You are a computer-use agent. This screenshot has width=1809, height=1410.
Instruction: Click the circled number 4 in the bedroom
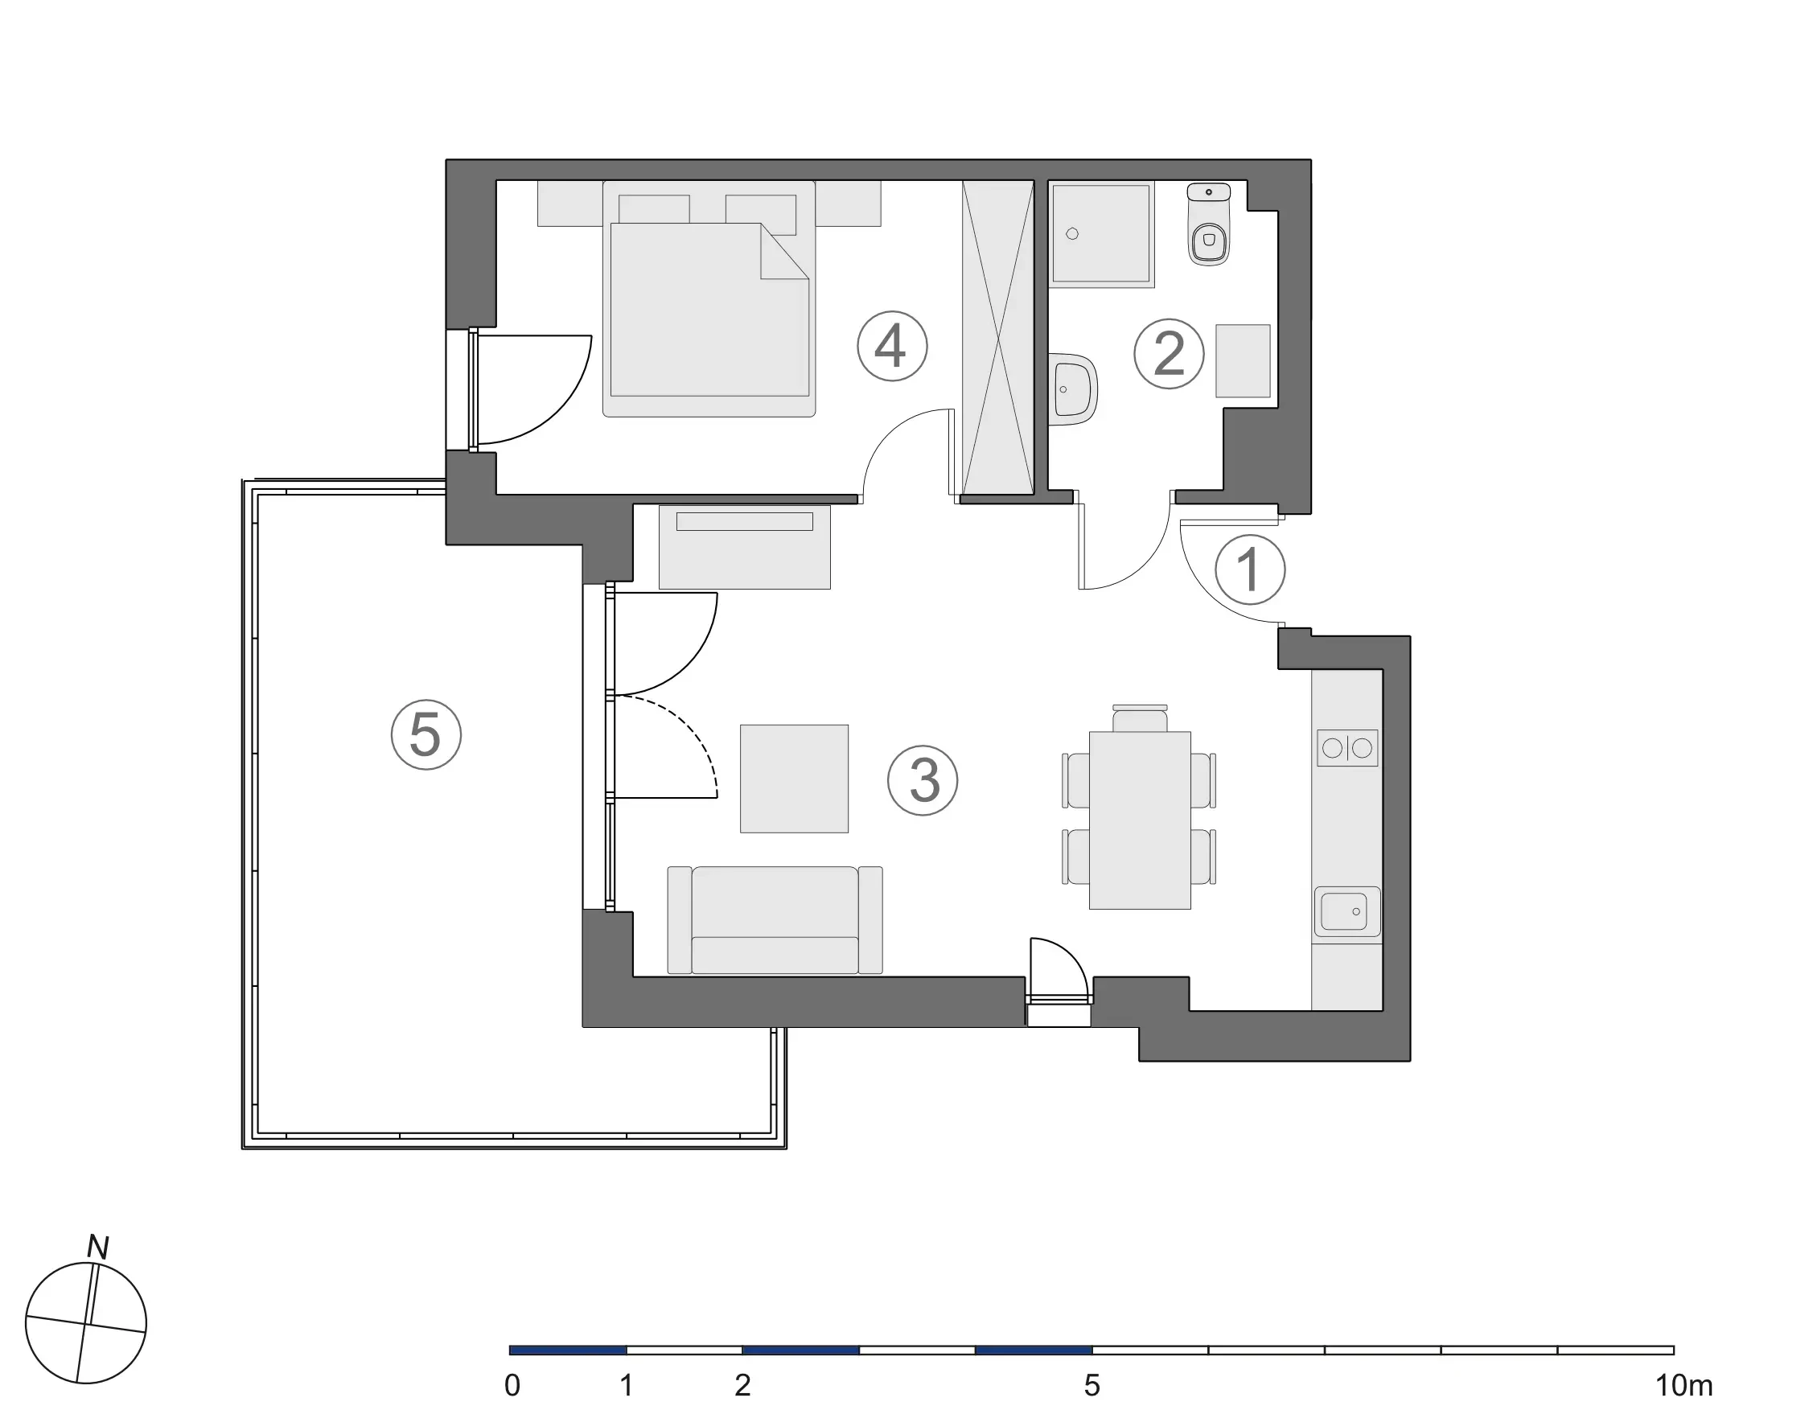891,347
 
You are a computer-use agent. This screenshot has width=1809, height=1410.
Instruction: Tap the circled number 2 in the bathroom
1168,354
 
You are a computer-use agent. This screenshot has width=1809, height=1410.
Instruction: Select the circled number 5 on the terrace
426,735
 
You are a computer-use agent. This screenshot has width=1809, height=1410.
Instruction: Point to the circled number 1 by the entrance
1249,570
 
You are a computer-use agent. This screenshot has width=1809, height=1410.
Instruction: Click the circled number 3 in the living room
923,780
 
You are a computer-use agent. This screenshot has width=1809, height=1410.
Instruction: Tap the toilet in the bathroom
1209,232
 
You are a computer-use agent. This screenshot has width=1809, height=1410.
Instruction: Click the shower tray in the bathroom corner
1100,233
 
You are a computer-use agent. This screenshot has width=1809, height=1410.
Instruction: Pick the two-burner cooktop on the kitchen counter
1346,748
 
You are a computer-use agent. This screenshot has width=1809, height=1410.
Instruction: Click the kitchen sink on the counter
1345,911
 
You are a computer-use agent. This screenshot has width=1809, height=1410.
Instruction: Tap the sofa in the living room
775,919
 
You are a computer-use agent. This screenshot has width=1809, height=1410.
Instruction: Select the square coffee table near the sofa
794,779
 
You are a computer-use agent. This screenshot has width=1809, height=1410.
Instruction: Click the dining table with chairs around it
1140,820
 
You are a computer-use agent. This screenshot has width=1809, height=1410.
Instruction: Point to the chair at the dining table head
1140,718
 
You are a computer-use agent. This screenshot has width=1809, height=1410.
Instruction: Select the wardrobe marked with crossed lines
999,338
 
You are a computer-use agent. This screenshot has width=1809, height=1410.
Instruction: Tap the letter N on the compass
99,1248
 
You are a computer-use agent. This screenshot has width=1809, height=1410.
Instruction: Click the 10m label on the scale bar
1683,1385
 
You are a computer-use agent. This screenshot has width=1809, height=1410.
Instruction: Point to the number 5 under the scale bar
1092,1385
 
